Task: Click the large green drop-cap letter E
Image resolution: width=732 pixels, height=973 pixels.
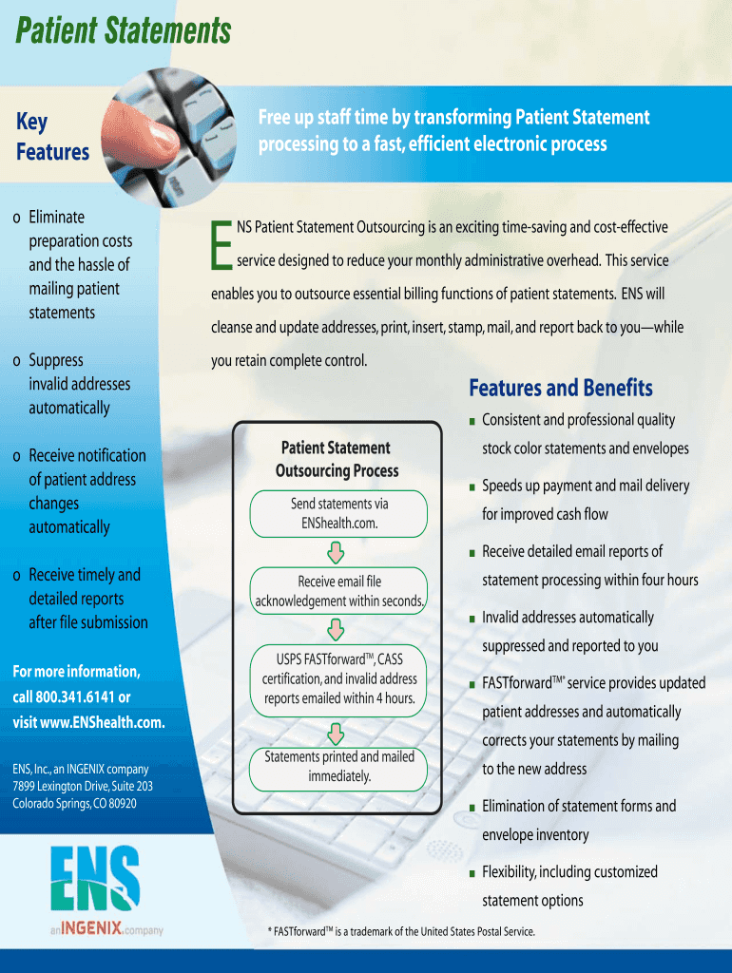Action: click(x=222, y=244)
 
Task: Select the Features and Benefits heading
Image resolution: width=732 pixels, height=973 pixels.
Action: click(x=561, y=388)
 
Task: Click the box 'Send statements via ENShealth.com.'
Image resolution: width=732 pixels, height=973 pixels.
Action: click(x=338, y=513)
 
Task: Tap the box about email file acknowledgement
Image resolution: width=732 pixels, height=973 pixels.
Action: click(x=338, y=590)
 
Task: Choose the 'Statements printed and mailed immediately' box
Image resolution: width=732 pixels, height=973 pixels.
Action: click(x=338, y=766)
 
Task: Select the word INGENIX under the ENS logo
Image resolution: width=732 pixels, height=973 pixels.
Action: click(x=91, y=929)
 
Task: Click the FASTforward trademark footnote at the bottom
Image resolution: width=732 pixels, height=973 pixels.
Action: click(x=402, y=931)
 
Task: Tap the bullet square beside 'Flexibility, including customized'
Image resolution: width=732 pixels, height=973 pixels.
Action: click(x=472, y=873)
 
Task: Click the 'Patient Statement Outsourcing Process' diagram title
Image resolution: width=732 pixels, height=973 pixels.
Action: click(x=337, y=459)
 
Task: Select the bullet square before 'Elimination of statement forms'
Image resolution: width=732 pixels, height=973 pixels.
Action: click(x=472, y=808)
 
